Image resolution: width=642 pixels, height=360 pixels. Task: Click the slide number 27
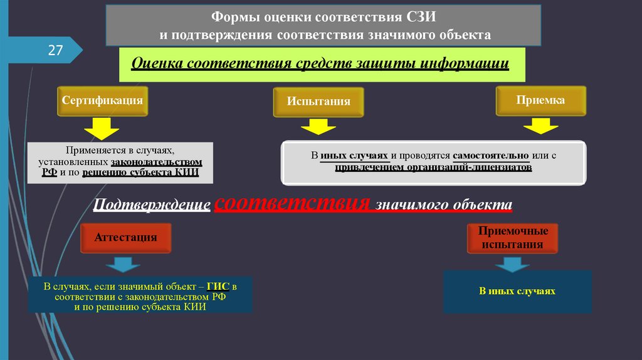(x=55, y=50)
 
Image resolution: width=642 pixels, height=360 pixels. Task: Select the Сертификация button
(x=103, y=101)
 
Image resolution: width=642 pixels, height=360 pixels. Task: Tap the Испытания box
(x=318, y=102)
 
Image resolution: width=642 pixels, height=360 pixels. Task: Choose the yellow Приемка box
(x=540, y=100)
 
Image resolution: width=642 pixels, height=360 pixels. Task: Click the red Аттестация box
(x=125, y=238)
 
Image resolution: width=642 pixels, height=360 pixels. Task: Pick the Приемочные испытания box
(x=513, y=238)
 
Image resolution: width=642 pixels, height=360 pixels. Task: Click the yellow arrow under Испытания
(x=318, y=128)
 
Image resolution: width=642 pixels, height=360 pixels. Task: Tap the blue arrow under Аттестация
(x=125, y=264)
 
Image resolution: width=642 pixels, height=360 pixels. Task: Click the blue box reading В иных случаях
(x=517, y=292)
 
